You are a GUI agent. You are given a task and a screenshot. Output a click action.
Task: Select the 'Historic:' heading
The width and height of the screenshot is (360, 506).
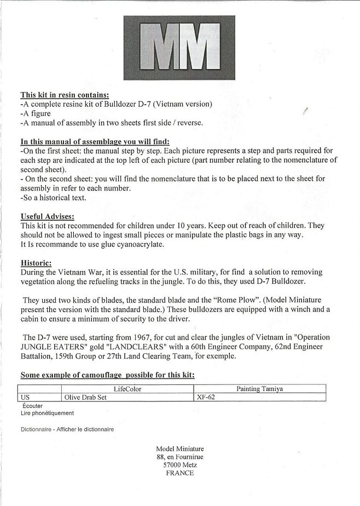tap(36, 262)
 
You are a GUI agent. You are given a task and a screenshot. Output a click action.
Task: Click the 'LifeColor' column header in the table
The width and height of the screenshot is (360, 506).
tap(127, 388)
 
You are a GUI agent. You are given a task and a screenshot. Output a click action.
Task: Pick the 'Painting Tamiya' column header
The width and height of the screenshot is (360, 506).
tap(259, 388)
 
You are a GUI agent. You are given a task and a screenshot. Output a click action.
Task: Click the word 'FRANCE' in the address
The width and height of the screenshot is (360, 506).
tap(179, 473)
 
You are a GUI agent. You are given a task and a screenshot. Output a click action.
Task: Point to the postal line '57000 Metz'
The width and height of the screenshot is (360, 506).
tap(179, 465)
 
